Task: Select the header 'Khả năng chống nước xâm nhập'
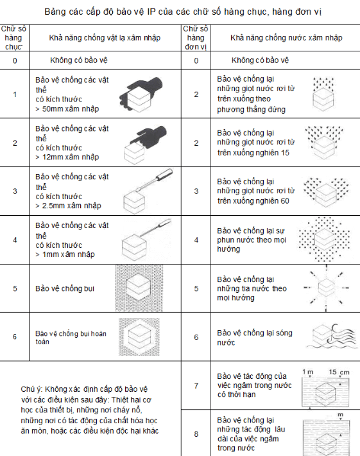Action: pos(277,38)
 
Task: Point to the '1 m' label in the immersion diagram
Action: pos(306,373)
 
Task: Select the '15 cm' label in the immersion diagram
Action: pos(338,373)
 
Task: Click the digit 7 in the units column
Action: pos(196,386)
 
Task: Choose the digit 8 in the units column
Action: pos(196,433)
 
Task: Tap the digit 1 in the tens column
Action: pos(15,94)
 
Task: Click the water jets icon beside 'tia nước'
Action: pos(327,288)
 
